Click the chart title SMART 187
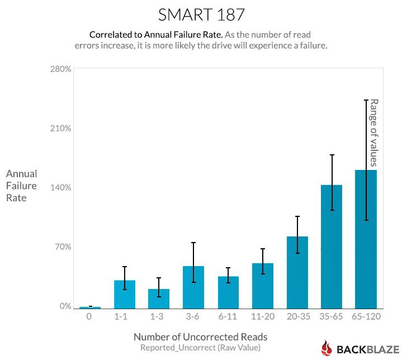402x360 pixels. [201, 13]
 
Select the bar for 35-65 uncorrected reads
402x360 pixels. [331, 246]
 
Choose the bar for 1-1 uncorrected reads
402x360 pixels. [125, 294]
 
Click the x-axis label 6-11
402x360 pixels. [228, 317]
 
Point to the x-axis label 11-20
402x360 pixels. [263, 317]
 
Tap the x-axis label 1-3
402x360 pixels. [159, 317]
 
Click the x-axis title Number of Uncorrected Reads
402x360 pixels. [200, 337]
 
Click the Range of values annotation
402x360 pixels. [374, 132]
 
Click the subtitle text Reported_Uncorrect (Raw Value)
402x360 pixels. [200, 348]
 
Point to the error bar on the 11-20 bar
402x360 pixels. [263, 261]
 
